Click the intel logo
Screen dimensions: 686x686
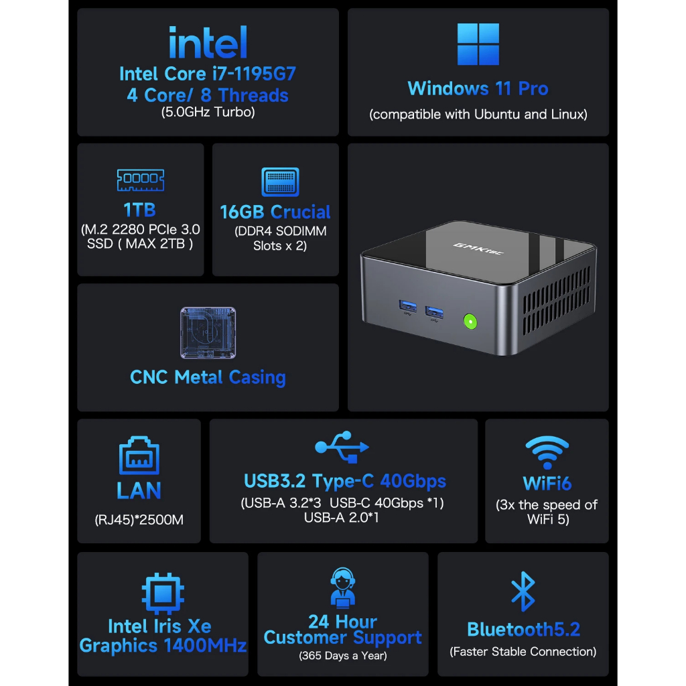(208, 43)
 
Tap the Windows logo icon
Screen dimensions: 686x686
(478, 45)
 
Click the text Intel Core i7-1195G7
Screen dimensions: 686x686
(208, 74)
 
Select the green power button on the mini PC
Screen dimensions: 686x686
(470, 322)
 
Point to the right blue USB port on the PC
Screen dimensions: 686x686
(433, 312)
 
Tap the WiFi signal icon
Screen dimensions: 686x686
(547, 452)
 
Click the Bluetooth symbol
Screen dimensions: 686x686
(523, 592)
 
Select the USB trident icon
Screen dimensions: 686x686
(342, 447)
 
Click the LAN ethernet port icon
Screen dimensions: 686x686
(139, 457)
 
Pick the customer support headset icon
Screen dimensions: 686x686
(343, 587)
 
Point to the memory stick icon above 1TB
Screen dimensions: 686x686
(141, 180)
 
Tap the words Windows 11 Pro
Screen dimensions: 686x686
(478, 88)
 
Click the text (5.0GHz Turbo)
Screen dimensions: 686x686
(208, 113)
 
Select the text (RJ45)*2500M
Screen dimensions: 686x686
(139, 519)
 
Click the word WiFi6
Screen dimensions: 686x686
(547, 483)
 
